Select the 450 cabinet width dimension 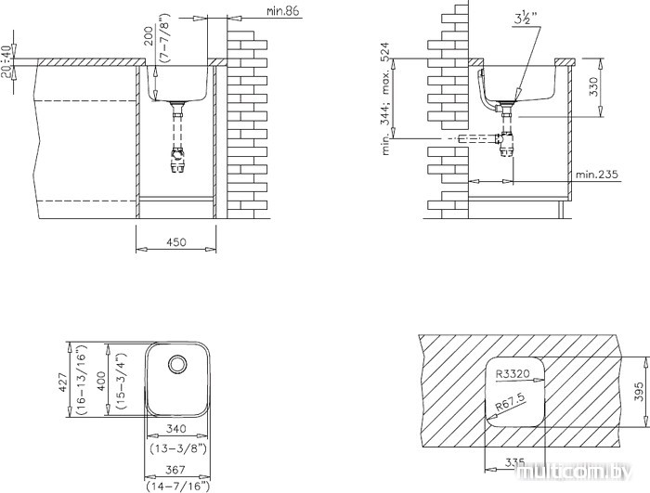point(175,242)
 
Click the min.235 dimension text point(596,174)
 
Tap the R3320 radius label point(513,373)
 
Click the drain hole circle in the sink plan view point(175,363)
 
